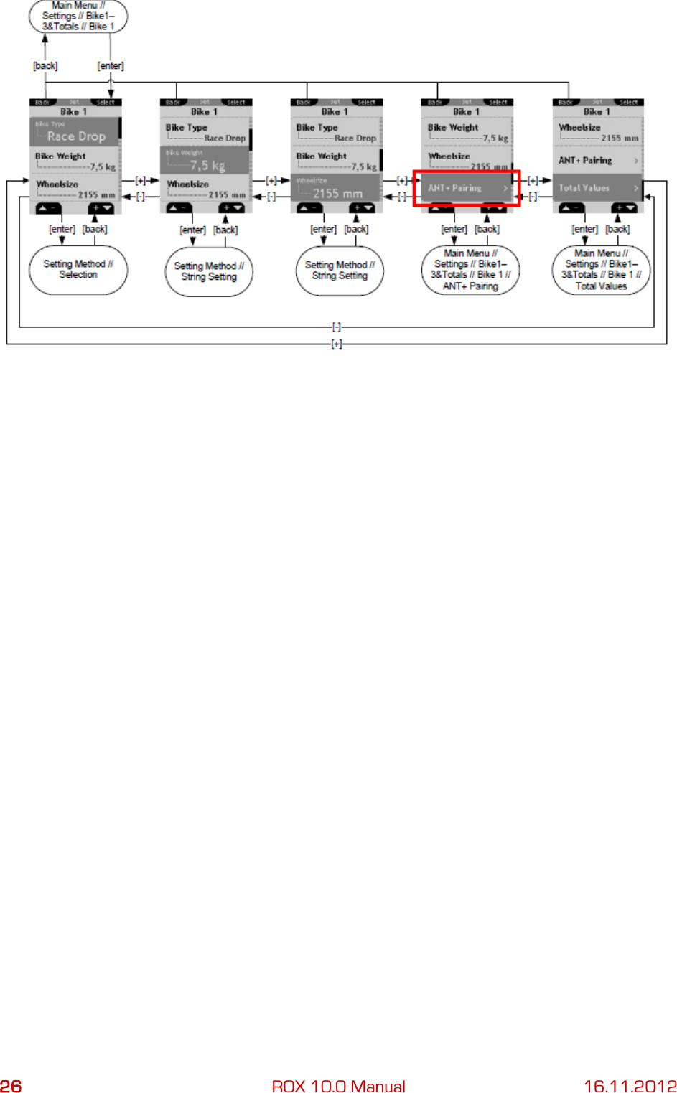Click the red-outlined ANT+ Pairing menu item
[x=467, y=188]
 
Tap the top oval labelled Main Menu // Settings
[x=78, y=17]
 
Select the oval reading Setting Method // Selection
[x=78, y=270]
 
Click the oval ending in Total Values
[x=601, y=270]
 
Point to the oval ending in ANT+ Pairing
[x=470, y=270]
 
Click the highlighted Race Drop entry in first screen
[x=75, y=132]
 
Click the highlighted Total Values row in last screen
[x=597, y=188]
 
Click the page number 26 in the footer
[x=11, y=1086]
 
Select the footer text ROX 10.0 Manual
[x=338, y=1086]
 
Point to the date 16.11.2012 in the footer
[x=630, y=1086]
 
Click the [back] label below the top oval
[x=45, y=66]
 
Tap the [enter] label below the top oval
[x=111, y=66]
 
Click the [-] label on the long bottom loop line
[x=336, y=327]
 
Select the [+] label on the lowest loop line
[x=336, y=344]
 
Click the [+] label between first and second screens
[x=140, y=181]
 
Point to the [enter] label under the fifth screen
[x=584, y=230]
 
